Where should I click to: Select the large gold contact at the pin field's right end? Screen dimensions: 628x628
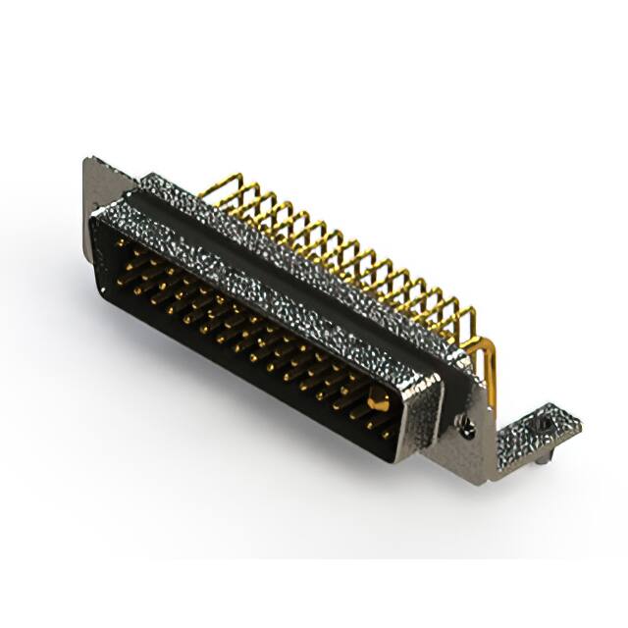click(377, 399)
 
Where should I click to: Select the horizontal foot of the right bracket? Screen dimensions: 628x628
click(535, 432)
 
